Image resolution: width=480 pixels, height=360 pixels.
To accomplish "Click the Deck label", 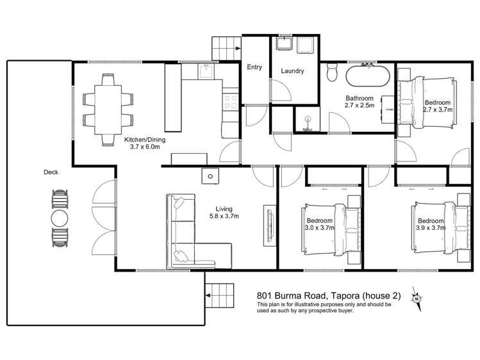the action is (x=51, y=172).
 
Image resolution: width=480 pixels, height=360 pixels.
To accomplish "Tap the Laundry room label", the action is (x=292, y=71).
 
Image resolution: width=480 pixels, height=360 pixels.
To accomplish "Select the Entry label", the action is (x=254, y=67).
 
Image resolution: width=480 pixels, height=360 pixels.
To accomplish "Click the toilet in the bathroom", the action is (x=331, y=72).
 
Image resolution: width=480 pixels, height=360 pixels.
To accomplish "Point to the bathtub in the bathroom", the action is (x=368, y=76).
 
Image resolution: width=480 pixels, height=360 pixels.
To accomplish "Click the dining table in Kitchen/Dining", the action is (x=108, y=110).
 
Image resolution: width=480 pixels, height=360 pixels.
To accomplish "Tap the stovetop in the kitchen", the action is (x=230, y=102).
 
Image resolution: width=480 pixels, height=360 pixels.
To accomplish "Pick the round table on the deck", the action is (x=60, y=218).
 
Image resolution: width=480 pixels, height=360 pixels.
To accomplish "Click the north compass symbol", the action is (x=417, y=299).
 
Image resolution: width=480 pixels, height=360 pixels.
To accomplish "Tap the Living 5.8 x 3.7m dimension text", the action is (x=224, y=213).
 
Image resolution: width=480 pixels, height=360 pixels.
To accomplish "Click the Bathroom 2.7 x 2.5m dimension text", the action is (x=360, y=102).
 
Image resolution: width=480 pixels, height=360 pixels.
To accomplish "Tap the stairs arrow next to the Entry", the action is (x=237, y=48).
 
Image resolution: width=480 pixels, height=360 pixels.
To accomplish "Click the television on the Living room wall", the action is (x=269, y=225).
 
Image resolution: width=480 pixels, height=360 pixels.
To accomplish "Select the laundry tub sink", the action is (x=285, y=43).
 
